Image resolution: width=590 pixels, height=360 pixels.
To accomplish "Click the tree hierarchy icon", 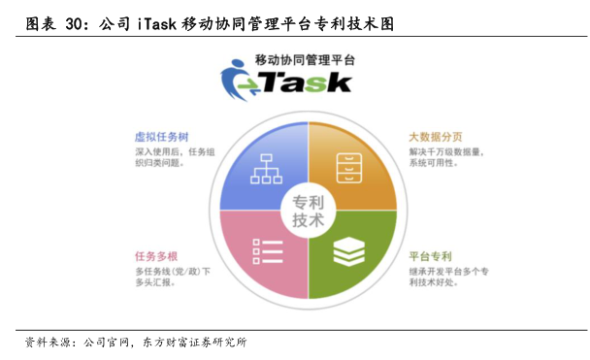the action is [267, 169].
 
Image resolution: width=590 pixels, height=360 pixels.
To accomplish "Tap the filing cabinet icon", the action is [349, 168].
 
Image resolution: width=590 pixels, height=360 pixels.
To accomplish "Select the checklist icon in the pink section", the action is [268, 251].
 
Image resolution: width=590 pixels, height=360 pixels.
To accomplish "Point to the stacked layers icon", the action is [349, 251].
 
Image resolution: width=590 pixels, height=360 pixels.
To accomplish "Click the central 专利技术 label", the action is [309, 211].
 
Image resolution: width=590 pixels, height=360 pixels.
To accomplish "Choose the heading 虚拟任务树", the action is [161, 137].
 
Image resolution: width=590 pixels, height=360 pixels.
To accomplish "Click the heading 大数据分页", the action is [436, 137].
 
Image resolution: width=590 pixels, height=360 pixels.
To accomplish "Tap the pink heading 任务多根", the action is [156, 256].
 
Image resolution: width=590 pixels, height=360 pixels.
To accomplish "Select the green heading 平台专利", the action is [430, 256].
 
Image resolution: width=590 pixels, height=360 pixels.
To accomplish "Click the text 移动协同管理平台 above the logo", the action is [305, 60].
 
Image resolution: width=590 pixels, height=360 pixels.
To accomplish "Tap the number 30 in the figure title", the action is [74, 24].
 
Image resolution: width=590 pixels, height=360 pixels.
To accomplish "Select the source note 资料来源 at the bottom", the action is [48, 343].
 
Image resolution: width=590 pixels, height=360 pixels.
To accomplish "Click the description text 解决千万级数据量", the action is [445, 152].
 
